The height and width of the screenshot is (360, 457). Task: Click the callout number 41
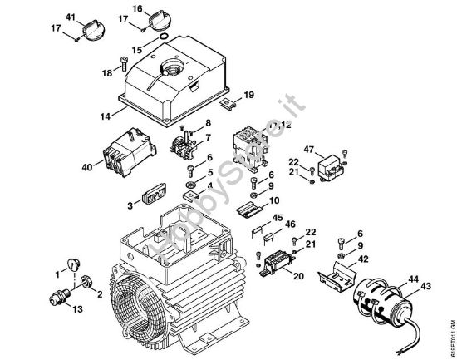pyautogui.click(x=70, y=17)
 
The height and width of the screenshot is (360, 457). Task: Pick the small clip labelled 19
pyautogui.click(x=230, y=103)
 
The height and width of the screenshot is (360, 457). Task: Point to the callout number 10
pyautogui.click(x=274, y=200)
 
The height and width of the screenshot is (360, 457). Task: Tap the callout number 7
pyautogui.click(x=208, y=137)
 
